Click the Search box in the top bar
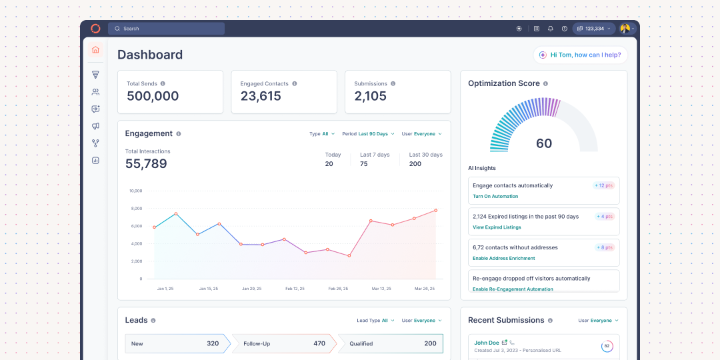tap(166, 29)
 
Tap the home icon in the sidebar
tap(95, 49)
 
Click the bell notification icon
tap(551, 29)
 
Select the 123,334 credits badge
tap(591, 29)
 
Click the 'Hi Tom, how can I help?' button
tap(580, 55)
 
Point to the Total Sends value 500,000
tap(153, 96)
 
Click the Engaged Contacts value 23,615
tap(261, 96)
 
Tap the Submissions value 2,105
tap(370, 96)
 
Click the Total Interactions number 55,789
tap(146, 164)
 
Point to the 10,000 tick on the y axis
tap(135, 191)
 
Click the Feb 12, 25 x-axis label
tap(295, 289)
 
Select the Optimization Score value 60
tap(544, 143)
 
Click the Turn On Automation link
tap(495, 197)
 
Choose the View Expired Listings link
tap(497, 227)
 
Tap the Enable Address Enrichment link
tap(503, 258)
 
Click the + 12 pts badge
tap(603, 185)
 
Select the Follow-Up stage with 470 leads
tap(284, 343)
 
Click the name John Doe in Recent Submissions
tap(487, 343)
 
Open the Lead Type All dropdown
tap(375, 321)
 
